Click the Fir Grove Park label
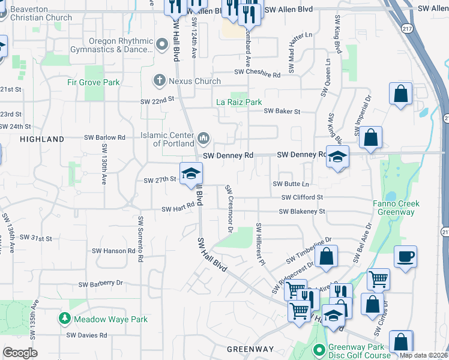tap(93, 82)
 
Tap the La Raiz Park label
tap(239, 102)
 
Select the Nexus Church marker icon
tap(159, 80)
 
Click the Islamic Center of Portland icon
tap(203, 139)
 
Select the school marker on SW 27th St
tap(191, 174)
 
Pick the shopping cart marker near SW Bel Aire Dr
tap(378, 279)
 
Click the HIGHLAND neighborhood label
tap(42, 139)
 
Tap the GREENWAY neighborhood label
tap(250, 349)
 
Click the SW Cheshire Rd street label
tap(257, 74)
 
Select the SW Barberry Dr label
tap(100, 283)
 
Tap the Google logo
tap(20, 353)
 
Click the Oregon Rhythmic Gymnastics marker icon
tap(161, 44)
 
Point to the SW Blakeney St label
tap(301, 211)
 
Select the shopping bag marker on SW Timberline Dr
tap(326, 257)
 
